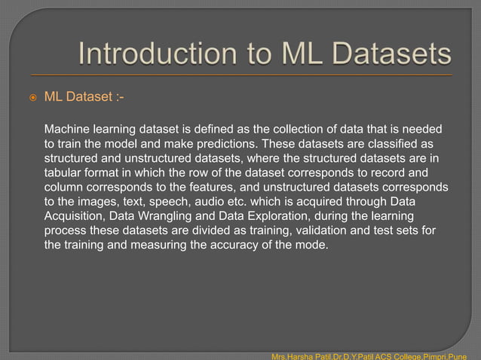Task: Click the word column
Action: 66,188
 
